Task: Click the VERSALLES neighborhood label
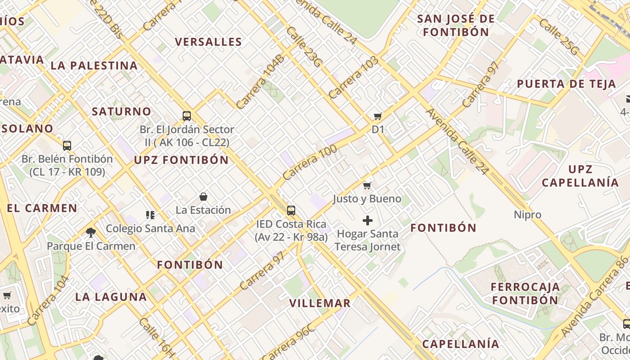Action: click(208, 42)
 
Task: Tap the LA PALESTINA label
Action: click(94, 66)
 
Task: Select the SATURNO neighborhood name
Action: click(121, 112)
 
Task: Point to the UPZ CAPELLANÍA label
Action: click(580, 176)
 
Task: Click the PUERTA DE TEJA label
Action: click(566, 84)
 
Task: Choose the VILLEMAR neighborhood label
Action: click(319, 303)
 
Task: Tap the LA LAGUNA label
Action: click(111, 297)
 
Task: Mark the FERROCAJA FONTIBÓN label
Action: click(525, 293)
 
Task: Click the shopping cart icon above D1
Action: click(378, 117)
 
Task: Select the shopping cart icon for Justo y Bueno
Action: click(367, 185)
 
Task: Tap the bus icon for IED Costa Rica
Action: click(291, 210)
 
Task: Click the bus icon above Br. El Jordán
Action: click(187, 116)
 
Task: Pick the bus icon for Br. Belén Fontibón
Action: click(67, 145)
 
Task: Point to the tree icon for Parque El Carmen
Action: click(91, 233)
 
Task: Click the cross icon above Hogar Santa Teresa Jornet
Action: click(368, 220)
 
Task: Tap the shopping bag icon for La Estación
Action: click(203, 197)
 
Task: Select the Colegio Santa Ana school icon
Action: click(150, 215)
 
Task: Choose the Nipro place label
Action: click(527, 215)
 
